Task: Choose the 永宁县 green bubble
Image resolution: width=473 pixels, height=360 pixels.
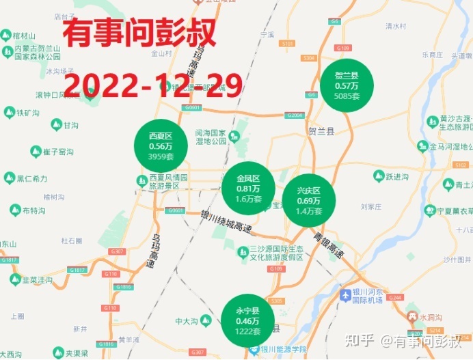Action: pyautogui.click(x=247, y=321)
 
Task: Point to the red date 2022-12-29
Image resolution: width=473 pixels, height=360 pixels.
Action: pyautogui.click(x=153, y=84)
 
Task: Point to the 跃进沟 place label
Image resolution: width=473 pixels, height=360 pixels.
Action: pyautogui.click(x=397, y=177)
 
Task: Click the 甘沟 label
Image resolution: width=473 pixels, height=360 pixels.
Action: pyautogui.click(x=70, y=126)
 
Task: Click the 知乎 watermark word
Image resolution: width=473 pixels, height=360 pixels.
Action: pyautogui.click(x=362, y=339)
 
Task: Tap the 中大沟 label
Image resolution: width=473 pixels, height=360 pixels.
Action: pyautogui.click(x=185, y=321)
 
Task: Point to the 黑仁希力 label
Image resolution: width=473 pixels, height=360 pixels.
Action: pyautogui.click(x=32, y=178)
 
